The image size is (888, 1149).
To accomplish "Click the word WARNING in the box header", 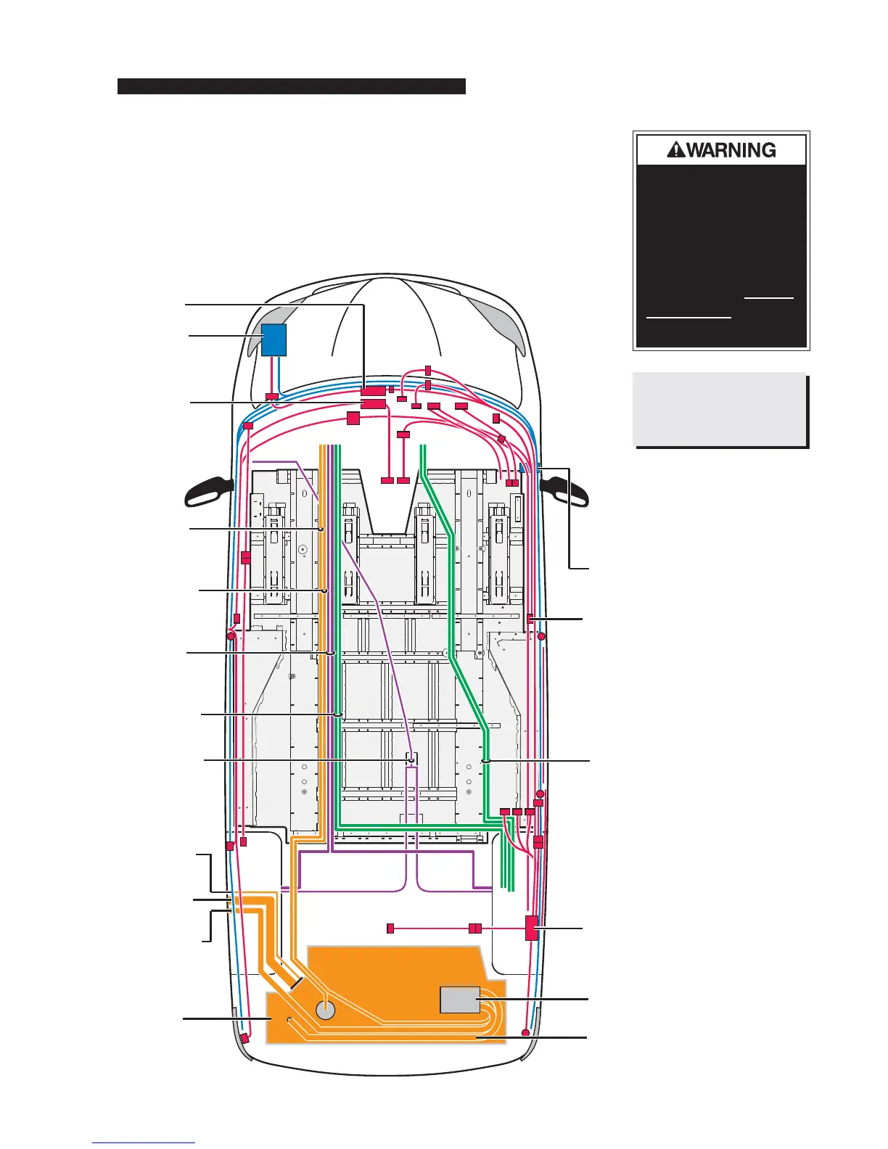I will pyautogui.click(x=731, y=150).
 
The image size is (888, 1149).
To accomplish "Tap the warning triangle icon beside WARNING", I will pyautogui.click(x=675, y=150).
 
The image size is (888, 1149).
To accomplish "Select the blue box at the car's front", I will pyautogui.click(x=274, y=339).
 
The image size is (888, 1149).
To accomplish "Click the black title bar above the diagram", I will pyautogui.click(x=291, y=86).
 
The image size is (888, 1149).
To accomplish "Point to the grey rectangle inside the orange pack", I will pyautogui.click(x=460, y=1000).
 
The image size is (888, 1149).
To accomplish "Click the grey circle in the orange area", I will pyautogui.click(x=326, y=1009).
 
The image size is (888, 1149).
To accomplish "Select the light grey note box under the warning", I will pyautogui.click(x=719, y=409).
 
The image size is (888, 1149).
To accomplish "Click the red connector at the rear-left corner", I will pyautogui.click(x=245, y=1038).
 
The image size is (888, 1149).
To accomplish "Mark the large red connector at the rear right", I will pyautogui.click(x=532, y=928).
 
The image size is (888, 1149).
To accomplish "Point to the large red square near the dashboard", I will pyautogui.click(x=353, y=418).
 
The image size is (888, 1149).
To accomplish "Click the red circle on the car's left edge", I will pyautogui.click(x=231, y=636).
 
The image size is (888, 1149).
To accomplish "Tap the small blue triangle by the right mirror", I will pyautogui.click(x=522, y=469).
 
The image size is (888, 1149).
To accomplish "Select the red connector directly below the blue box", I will pyautogui.click(x=272, y=397).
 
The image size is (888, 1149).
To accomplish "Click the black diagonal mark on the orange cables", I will pyautogui.click(x=296, y=984).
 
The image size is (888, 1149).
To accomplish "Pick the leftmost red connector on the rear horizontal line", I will pyautogui.click(x=390, y=928).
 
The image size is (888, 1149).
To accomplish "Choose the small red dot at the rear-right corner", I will pyautogui.click(x=525, y=1032).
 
